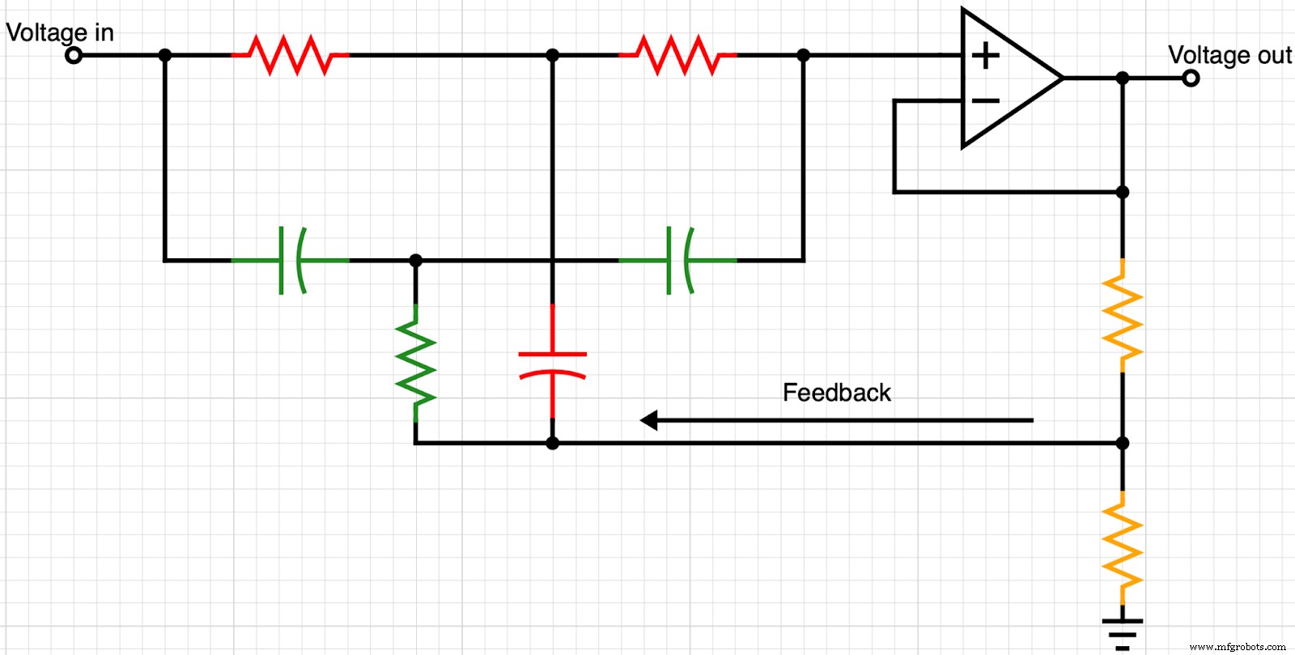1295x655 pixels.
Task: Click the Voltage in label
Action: tap(60, 32)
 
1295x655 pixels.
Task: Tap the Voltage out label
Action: tap(1229, 55)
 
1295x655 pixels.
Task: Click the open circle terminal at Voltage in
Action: tap(74, 56)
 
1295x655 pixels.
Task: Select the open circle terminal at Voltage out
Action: tap(1190, 79)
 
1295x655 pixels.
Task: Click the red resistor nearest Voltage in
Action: tap(291, 55)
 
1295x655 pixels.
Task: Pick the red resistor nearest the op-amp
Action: tap(678, 55)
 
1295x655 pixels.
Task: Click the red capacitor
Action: tap(552, 364)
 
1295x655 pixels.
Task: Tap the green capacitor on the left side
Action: tap(291, 261)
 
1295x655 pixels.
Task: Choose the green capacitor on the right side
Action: tap(678, 261)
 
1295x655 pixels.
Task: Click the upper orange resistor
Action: tap(1123, 316)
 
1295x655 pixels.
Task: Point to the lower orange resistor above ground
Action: tap(1123, 547)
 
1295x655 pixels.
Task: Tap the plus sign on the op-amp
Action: tap(985, 56)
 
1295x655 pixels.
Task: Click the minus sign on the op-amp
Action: tap(985, 100)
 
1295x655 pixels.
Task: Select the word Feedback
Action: tap(836, 393)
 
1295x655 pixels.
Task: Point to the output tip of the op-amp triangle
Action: tap(1062, 78)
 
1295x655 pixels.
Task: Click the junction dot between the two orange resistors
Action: tap(1123, 443)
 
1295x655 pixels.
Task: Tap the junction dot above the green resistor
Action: tap(416, 261)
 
